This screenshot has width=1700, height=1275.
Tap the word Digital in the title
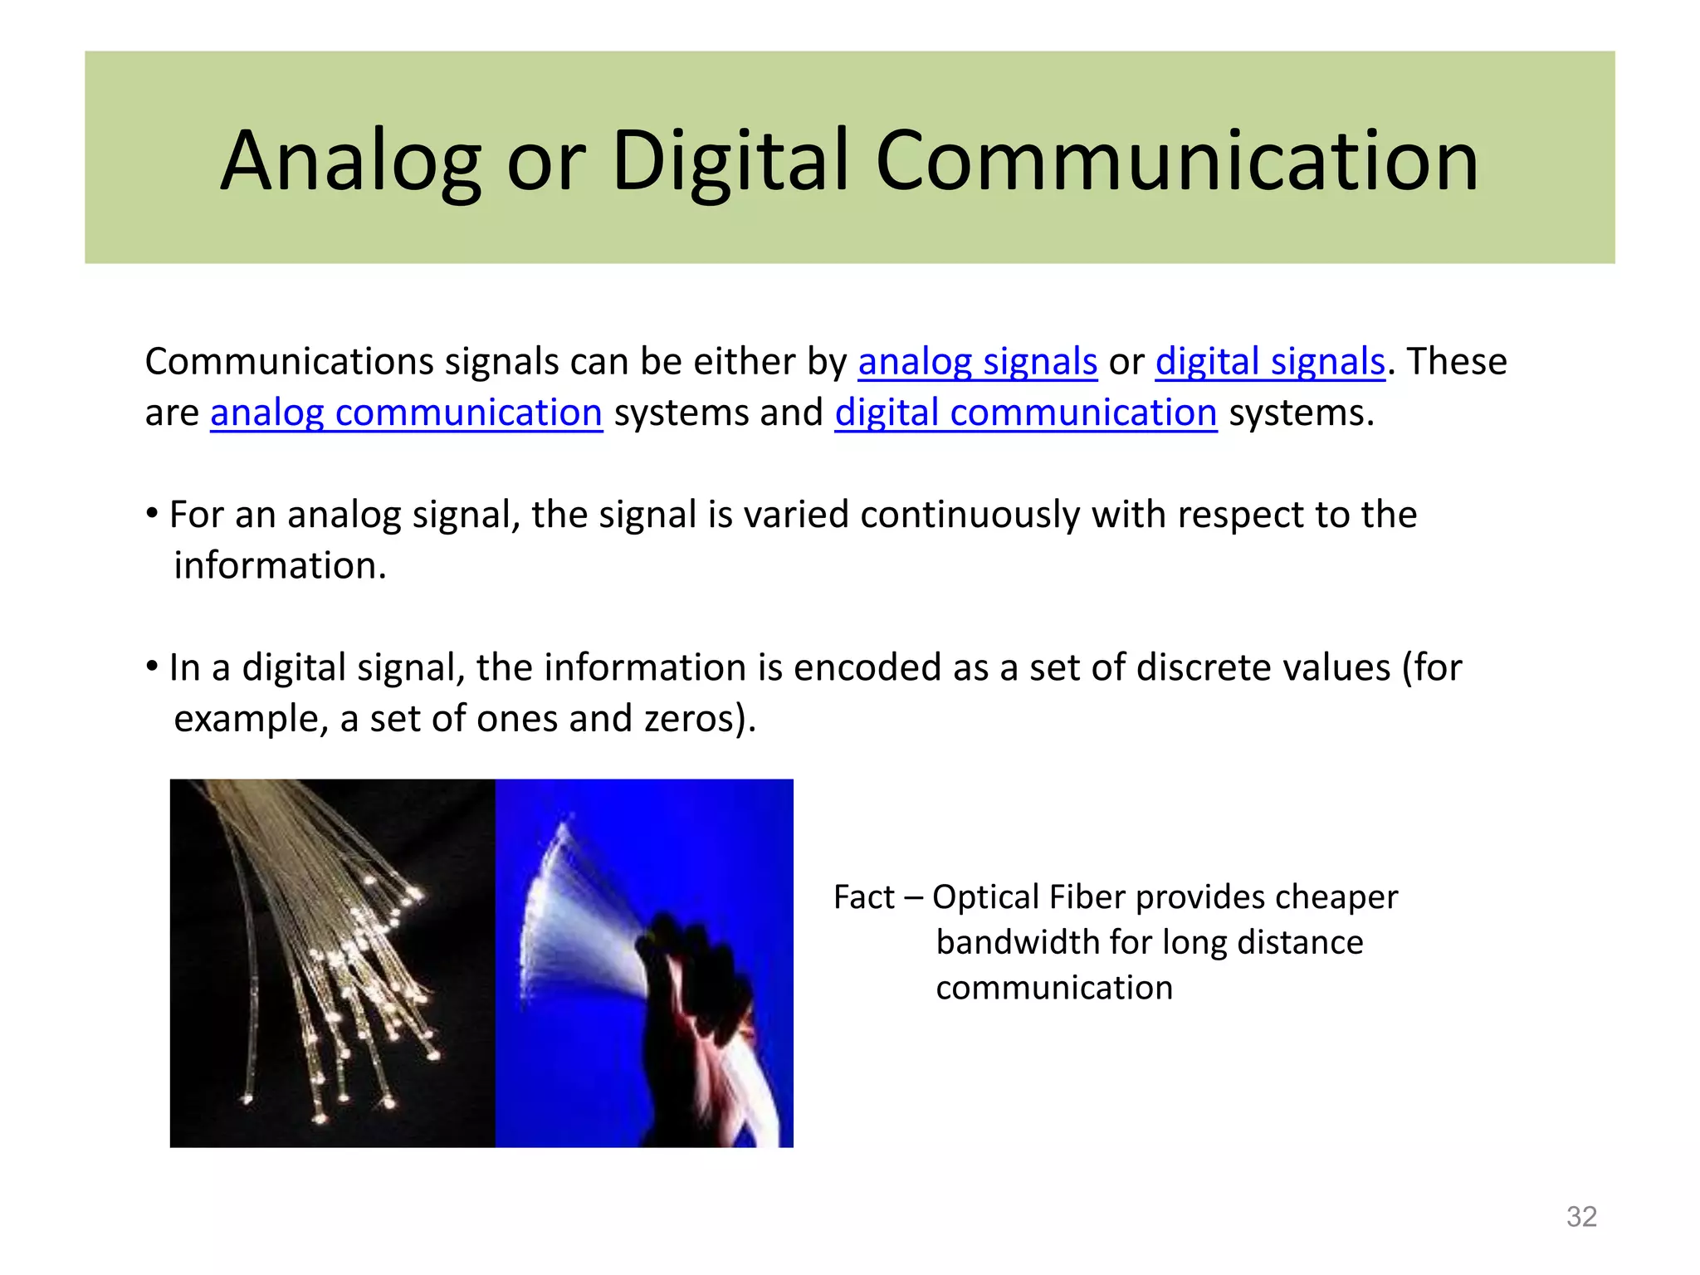[x=731, y=161]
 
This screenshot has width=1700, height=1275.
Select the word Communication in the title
[x=1176, y=161]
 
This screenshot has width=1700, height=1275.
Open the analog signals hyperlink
[x=977, y=362]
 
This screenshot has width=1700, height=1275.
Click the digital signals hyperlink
[x=1269, y=362]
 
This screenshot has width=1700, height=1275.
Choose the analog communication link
[x=406, y=413]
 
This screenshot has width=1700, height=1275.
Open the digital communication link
[x=1025, y=413]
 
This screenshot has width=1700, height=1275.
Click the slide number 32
[x=1580, y=1217]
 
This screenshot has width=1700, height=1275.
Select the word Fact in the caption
[x=863, y=898]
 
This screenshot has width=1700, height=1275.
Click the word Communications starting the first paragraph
[x=290, y=362]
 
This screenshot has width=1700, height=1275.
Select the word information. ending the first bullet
[x=280, y=566]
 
